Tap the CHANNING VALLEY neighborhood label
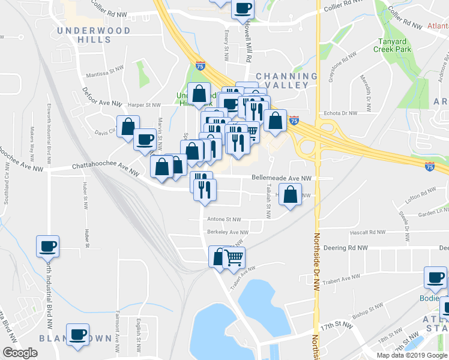[286, 81]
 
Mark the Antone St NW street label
[223, 220]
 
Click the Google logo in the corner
[20, 353]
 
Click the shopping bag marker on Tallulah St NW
[291, 194]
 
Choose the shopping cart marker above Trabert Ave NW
[234, 259]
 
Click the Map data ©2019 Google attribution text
[412, 355]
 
